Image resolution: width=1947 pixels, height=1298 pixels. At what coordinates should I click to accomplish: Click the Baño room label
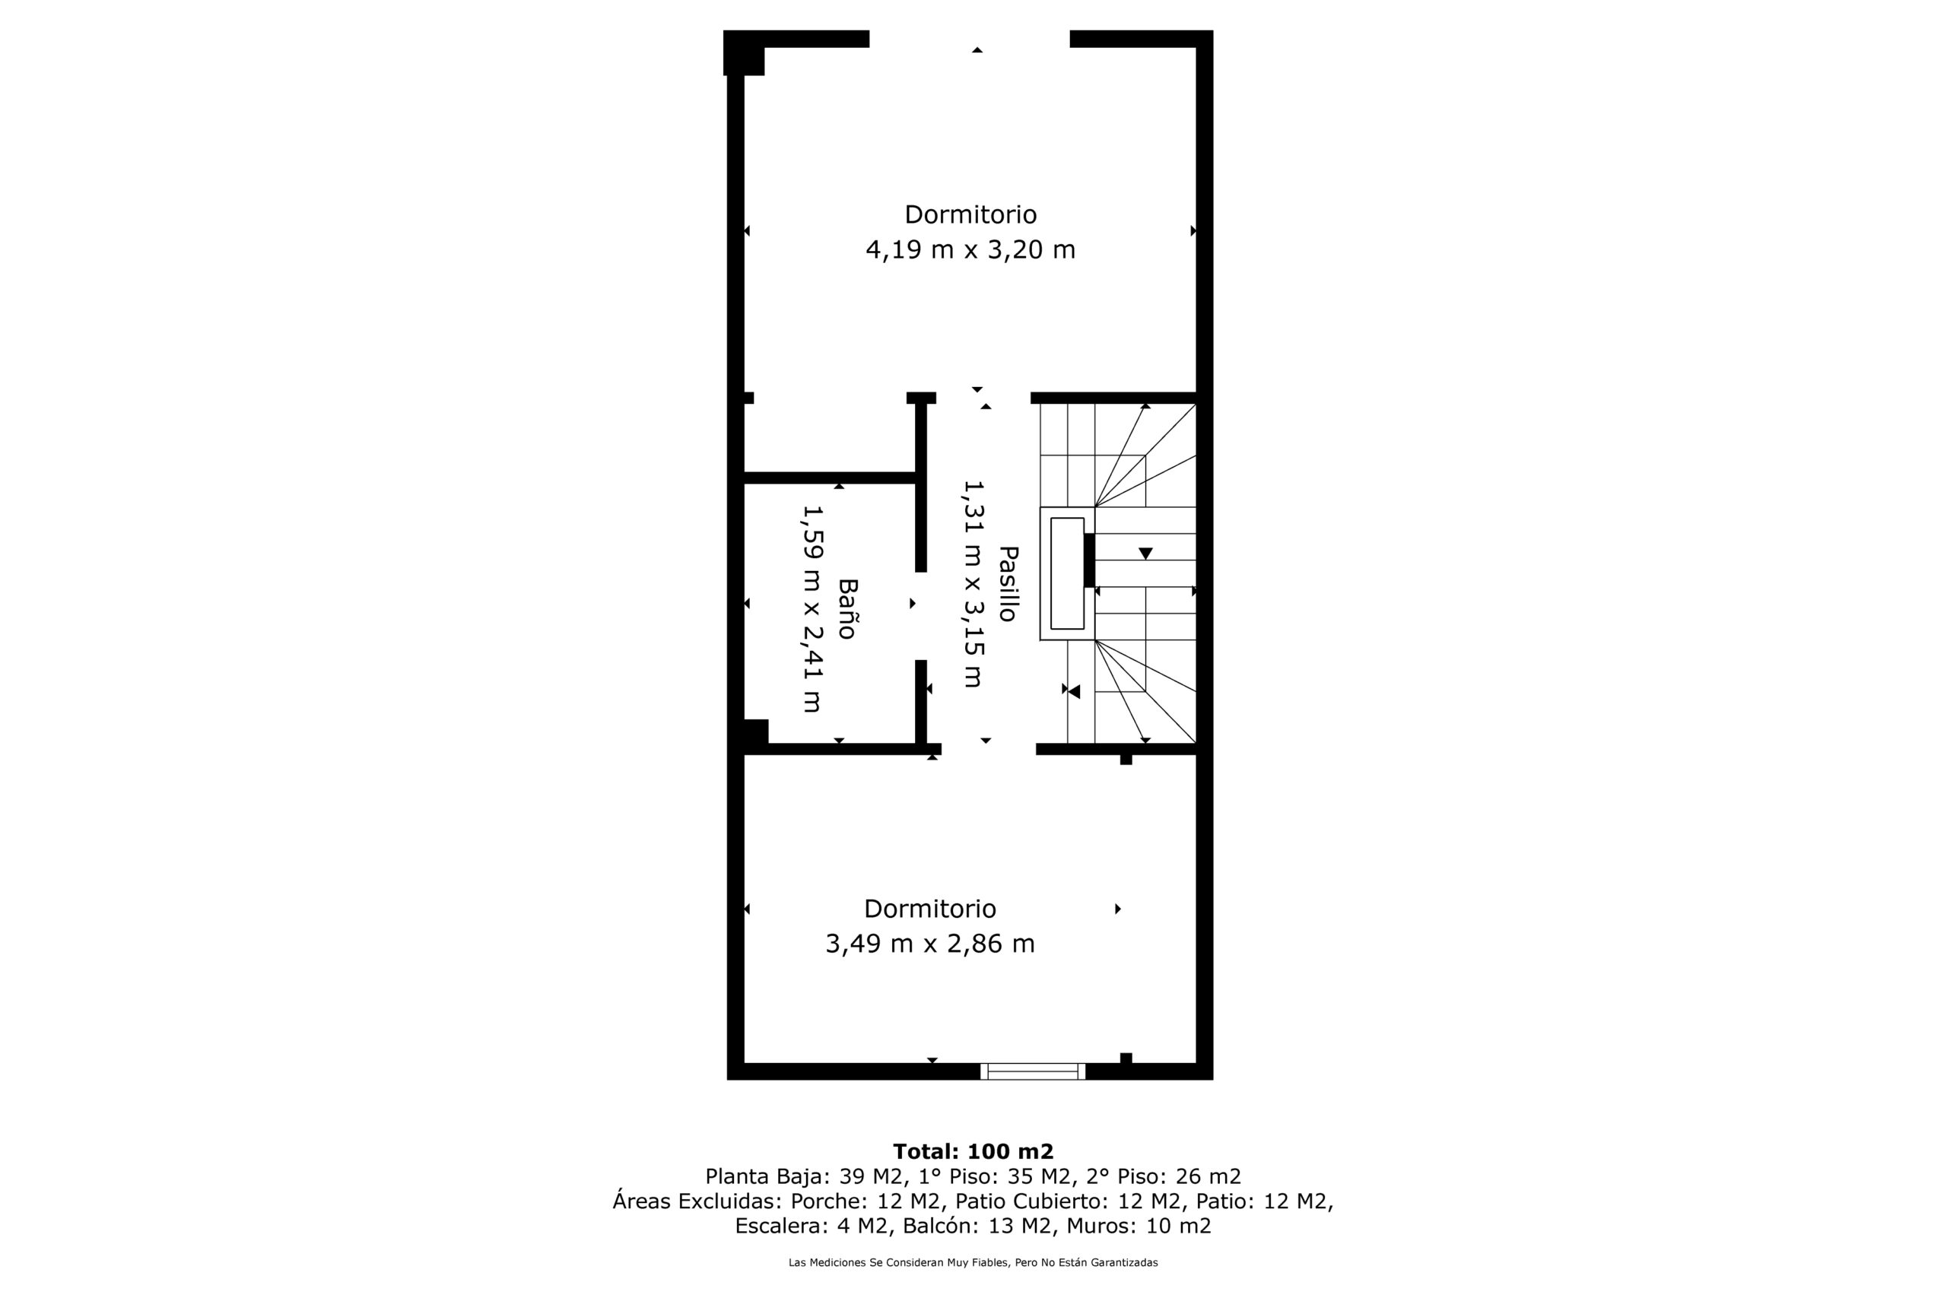point(846,608)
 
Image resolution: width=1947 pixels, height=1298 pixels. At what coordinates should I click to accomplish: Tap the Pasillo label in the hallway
point(1008,583)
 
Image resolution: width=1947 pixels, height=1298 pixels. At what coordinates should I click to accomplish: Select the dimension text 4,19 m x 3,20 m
point(970,249)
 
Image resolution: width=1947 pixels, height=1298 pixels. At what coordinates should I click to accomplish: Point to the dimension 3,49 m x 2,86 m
point(929,944)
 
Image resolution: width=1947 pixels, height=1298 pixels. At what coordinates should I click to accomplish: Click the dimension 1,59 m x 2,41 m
point(812,608)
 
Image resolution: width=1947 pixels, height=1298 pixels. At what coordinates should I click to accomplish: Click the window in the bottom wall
point(1032,1071)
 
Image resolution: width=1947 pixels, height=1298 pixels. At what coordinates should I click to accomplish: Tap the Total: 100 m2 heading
point(973,1151)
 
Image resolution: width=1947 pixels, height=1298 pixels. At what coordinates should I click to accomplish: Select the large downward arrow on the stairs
point(1145,553)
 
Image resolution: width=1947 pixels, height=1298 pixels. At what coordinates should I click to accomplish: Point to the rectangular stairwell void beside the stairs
point(1067,573)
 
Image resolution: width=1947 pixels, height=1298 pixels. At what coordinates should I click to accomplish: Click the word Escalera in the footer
point(780,1226)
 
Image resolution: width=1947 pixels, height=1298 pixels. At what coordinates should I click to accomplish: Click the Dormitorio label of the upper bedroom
point(970,214)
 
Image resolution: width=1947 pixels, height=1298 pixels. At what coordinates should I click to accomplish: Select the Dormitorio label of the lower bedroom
point(929,909)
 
